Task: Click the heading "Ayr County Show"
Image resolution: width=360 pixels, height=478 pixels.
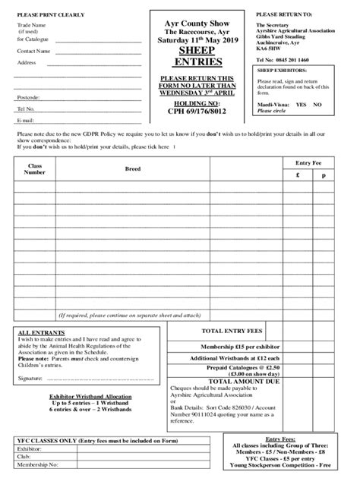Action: coord(198,24)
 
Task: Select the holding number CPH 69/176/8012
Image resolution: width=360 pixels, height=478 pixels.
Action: coord(197,110)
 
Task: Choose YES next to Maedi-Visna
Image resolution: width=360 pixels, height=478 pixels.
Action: coord(301,104)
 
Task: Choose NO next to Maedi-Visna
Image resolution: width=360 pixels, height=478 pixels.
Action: coord(317,104)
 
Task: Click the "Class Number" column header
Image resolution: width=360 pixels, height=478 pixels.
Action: coord(35,168)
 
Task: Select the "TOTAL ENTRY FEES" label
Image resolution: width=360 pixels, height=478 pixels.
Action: coord(233,332)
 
